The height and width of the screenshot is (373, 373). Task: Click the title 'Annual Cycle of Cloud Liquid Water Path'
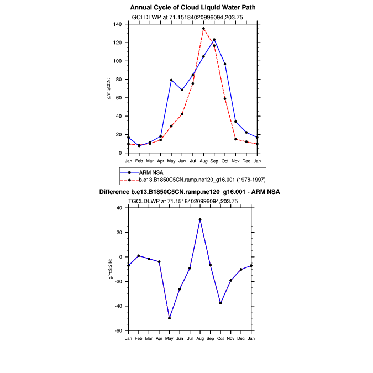(x=193, y=8)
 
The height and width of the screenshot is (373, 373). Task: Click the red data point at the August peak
(x=203, y=28)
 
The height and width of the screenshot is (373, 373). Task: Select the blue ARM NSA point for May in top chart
(x=171, y=80)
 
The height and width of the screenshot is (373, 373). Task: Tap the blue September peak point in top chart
(x=214, y=40)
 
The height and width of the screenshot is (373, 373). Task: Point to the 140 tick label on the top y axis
(x=117, y=24)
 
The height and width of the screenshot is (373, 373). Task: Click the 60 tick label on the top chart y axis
(x=119, y=98)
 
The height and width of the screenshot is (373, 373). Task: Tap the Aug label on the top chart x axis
(x=203, y=161)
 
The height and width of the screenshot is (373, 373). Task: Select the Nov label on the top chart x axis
(x=235, y=161)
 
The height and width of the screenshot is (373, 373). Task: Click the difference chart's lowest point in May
(x=169, y=318)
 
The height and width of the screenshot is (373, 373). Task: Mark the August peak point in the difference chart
(x=200, y=219)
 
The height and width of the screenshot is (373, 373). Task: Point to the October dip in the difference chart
(x=220, y=303)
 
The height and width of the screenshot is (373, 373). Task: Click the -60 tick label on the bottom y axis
(x=117, y=330)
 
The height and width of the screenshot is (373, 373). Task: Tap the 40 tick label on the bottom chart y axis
(x=118, y=208)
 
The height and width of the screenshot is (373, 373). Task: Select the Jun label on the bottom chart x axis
(x=180, y=338)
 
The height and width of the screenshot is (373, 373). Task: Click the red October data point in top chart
(x=225, y=98)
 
